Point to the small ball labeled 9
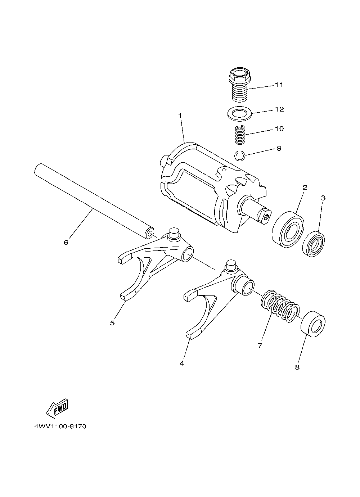pos(239,155)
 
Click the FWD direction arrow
pos(57,408)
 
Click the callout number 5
pos(112,323)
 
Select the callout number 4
pos(182,363)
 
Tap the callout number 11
pos(279,85)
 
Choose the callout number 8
pos(297,367)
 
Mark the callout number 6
pos(66,243)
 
